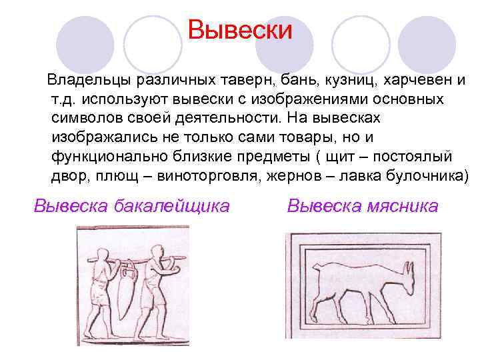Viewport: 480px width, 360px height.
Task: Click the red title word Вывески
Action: click(x=240, y=29)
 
